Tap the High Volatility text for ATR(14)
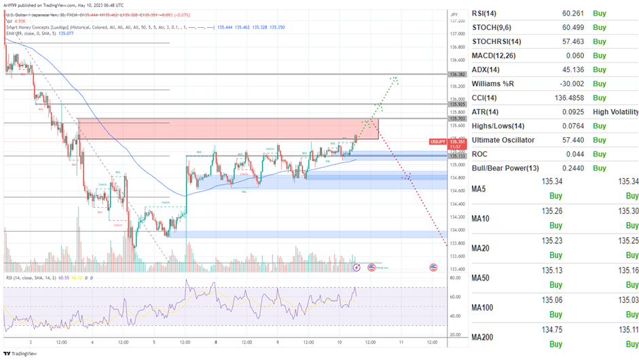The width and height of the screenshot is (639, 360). click(x=616, y=111)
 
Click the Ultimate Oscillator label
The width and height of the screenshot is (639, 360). click(x=503, y=140)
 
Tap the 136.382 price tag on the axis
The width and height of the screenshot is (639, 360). click(x=456, y=74)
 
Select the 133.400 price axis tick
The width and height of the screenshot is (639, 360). click(x=456, y=269)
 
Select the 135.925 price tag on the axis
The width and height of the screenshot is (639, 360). click(x=456, y=105)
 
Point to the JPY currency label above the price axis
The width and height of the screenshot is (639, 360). click(x=454, y=14)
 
